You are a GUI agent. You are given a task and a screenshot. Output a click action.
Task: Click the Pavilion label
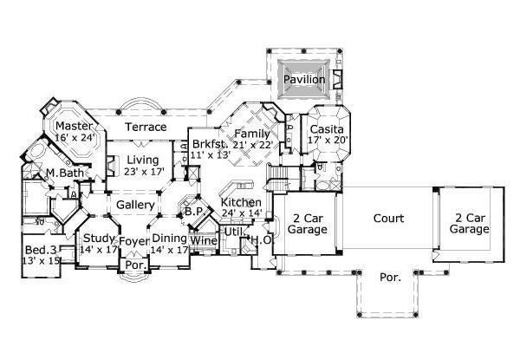[x=304, y=80]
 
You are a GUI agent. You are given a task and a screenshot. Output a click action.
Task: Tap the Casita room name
[x=326, y=129]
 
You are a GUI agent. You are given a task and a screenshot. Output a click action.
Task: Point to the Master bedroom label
[x=75, y=124]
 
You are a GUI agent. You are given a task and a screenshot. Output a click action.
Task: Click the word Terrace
[x=146, y=128]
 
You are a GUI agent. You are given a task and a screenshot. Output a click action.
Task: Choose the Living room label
[x=142, y=160]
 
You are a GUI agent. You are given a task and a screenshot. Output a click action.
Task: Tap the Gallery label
[x=134, y=205]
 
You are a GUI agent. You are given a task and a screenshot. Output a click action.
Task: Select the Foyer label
[x=133, y=241]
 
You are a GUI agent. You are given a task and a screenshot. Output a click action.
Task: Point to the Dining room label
[x=170, y=239]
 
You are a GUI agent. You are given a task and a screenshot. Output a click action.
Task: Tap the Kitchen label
[x=241, y=202]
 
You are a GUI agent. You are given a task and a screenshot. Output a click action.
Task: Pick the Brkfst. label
[x=209, y=143]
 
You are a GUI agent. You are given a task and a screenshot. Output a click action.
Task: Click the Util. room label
[x=233, y=232]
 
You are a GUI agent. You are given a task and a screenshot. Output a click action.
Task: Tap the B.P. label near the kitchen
[x=192, y=212]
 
